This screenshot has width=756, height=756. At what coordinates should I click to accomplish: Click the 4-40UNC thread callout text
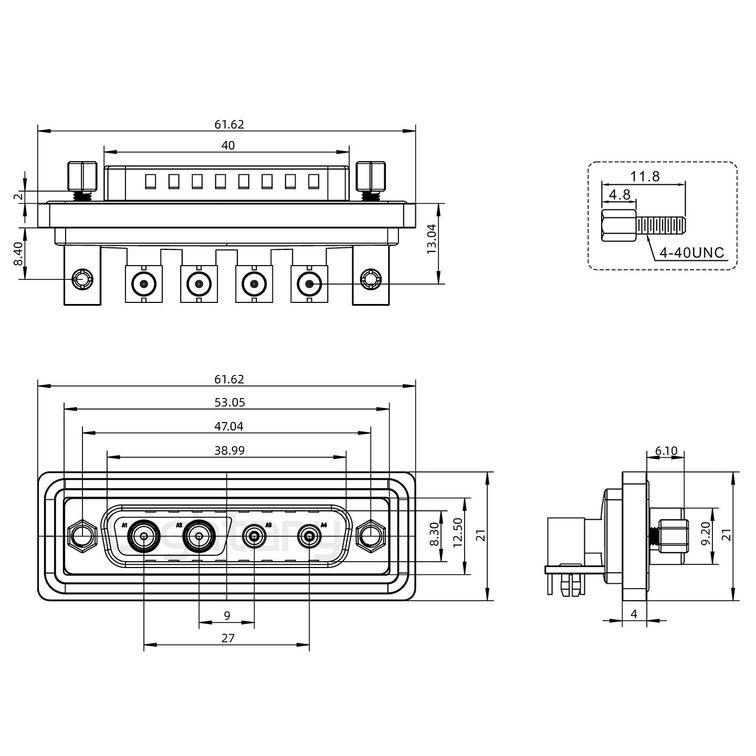pyautogui.click(x=691, y=253)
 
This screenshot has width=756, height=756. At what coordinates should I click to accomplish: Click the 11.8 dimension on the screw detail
pyautogui.click(x=645, y=176)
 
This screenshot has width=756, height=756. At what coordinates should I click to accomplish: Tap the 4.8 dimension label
pyautogui.click(x=619, y=194)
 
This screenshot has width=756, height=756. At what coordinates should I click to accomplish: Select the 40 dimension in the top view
pyautogui.click(x=228, y=145)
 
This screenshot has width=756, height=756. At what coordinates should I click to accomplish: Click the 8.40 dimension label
pyautogui.click(x=18, y=254)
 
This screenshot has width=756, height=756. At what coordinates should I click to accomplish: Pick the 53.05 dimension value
pyautogui.click(x=229, y=403)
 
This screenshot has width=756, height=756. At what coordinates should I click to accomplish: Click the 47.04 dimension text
pyautogui.click(x=229, y=426)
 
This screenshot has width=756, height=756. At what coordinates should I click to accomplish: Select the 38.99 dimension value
pyautogui.click(x=229, y=450)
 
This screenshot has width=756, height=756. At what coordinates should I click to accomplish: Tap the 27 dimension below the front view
pyautogui.click(x=228, y=638)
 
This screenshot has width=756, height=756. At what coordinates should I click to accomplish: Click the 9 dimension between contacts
pyautogui.click(x=227, y=615)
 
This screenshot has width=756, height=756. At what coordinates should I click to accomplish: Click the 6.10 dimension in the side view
pyautogui.click(x=666, y=450)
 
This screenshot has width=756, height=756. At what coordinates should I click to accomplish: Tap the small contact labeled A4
pyautogui.click(x=309, y=537)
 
